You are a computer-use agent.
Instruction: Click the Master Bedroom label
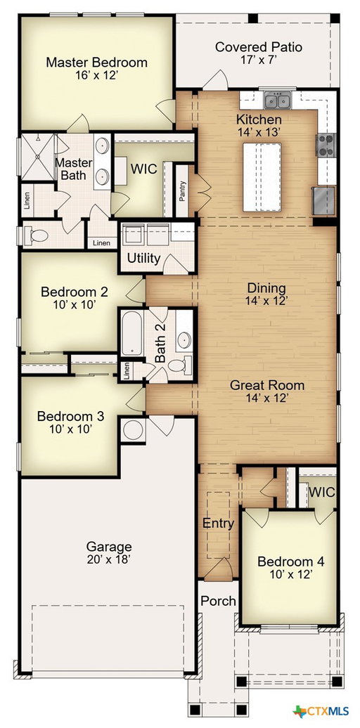pos(96,63)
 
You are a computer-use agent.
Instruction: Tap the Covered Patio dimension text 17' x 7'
pos(259,60)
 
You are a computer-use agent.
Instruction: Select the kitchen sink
pos(277,99)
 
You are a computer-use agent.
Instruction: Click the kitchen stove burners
pos(326,144)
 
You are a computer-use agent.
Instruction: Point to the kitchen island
pos(262,177)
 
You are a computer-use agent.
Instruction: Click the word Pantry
pos(183,191)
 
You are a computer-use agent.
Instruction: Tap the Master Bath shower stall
pos(38,157)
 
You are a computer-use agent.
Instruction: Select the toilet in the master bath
pos(37,235)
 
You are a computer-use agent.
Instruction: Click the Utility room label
pos(143,258)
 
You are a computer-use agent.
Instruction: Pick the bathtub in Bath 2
pos(132,333)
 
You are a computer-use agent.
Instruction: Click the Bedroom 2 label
pos(75,292)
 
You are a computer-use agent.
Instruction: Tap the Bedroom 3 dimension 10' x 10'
pos(70,429)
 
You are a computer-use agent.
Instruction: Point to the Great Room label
pos(267,385)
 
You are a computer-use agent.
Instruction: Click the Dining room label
pos(266,288)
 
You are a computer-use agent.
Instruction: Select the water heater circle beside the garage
pos(133,430)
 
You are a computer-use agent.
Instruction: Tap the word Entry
pos(219,524)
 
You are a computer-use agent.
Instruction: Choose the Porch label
pos(218,601)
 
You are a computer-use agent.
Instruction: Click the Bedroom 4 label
pos(291,561)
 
